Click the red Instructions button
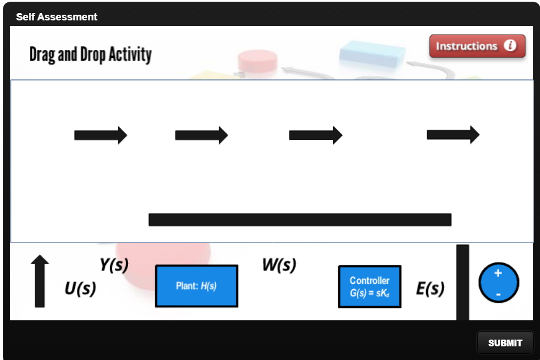(x=477, y=46)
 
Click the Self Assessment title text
(x=57, y=17)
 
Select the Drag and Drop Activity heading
(x=91, y=55)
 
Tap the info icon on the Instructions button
(x=510, y=46)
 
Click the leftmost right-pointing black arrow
(x=101, y=135)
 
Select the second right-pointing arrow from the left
(x=202, y=135)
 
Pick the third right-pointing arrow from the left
(x=316, y=135)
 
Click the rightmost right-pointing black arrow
(x=453, y=134)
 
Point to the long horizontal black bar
(x=300, y=219)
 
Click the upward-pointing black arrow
(x=40, y=281)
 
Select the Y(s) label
(x=114, y=265)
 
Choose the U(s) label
(x=80, y=289)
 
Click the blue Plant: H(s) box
(x=197, y=286)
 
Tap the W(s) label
(x=279, y=265)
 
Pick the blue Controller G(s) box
(x=369, y=286)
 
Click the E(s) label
(x=430, y=289)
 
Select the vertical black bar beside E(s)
(x=462, y=282)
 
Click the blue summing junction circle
(x=499, y=282)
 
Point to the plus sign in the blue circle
(x=498, y=273)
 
